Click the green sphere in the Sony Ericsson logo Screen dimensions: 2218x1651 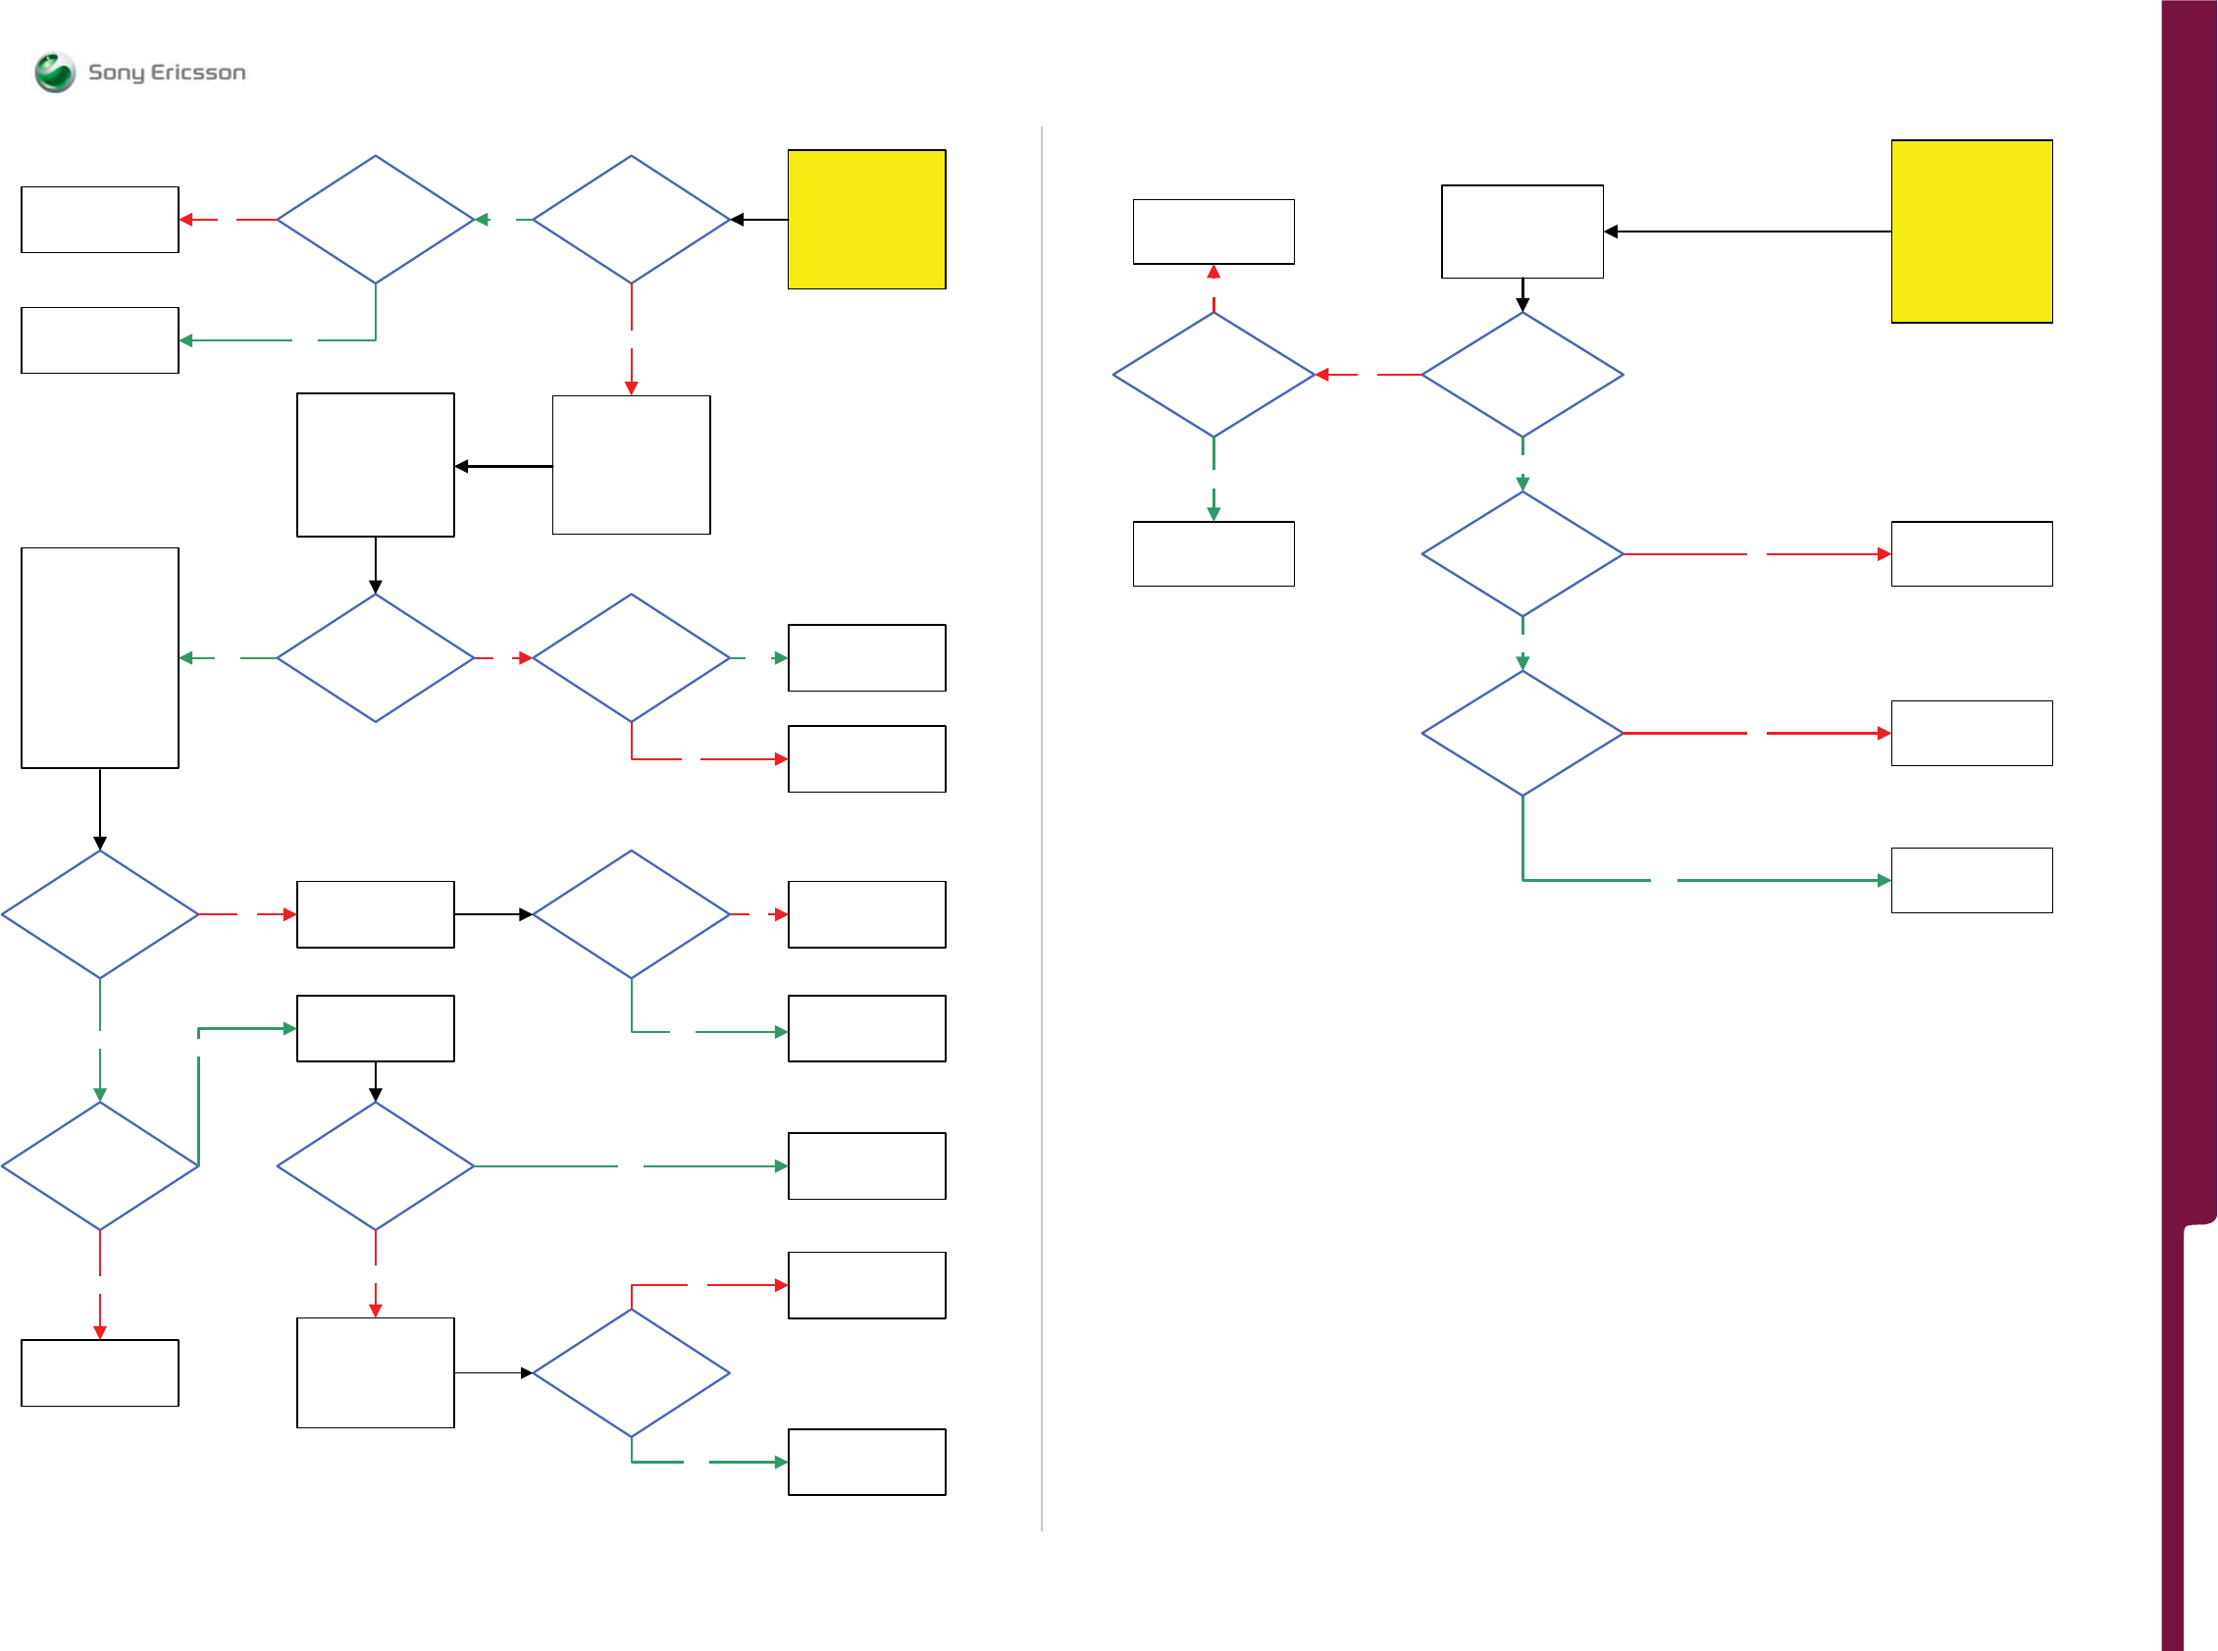(54, 72)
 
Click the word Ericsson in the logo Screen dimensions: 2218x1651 (198, 73)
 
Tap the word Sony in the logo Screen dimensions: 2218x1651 (116, 73)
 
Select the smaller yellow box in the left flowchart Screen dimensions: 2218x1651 (866, 219)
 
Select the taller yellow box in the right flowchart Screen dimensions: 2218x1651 (1971, 231)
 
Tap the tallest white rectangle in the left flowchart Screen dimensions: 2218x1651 (100, 657)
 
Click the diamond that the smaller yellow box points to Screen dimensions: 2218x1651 (631, 219)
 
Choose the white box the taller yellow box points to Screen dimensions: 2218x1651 (1522, 231)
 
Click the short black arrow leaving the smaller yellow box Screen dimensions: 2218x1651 (759, 220)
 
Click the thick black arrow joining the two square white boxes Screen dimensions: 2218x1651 (503, 466)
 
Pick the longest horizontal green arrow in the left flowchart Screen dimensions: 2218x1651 (630, 1166)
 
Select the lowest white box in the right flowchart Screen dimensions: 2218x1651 (1971, 881)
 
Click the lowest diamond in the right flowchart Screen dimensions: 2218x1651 (1522, 733)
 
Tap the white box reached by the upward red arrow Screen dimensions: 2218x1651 (1212, 231)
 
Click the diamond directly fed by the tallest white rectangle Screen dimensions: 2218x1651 (100, 914)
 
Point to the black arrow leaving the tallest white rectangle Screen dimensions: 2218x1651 (100, 808)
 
